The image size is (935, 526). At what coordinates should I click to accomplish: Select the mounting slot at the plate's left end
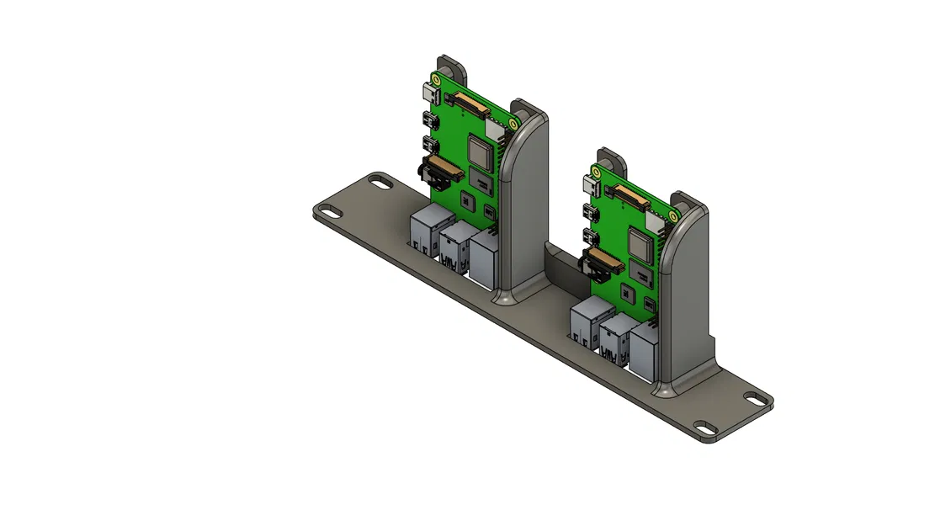click(x=380, y=182)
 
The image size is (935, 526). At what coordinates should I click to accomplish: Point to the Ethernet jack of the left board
click(x=486, y=258)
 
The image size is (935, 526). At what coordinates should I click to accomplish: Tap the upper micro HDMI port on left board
click(x=429, y=118)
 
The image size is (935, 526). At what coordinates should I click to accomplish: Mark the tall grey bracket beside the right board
click(x=686, y=303)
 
